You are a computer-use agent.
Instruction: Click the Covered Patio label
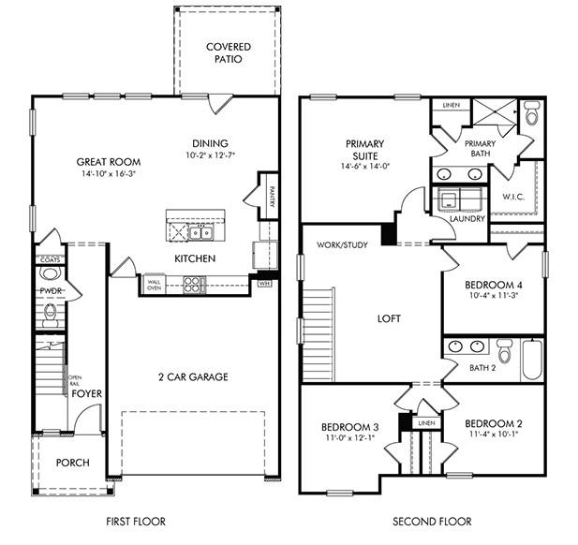coord(228,52)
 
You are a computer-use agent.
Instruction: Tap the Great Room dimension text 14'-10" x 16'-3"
coord(102,173)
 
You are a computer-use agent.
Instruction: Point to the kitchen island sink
coord(200,230)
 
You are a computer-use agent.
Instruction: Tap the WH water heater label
coord(264,282)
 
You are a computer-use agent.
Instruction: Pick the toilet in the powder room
coord(50,274)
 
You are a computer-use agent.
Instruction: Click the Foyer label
coord(87,394)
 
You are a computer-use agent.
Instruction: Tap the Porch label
coord(72,463)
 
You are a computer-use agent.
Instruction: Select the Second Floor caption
coord(432,522)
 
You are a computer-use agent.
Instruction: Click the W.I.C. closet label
coord(512,197)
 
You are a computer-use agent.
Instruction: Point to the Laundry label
coord(467,219)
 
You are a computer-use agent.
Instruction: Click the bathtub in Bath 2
coord(532,359)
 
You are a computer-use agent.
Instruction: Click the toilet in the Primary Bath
coord(531,115)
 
